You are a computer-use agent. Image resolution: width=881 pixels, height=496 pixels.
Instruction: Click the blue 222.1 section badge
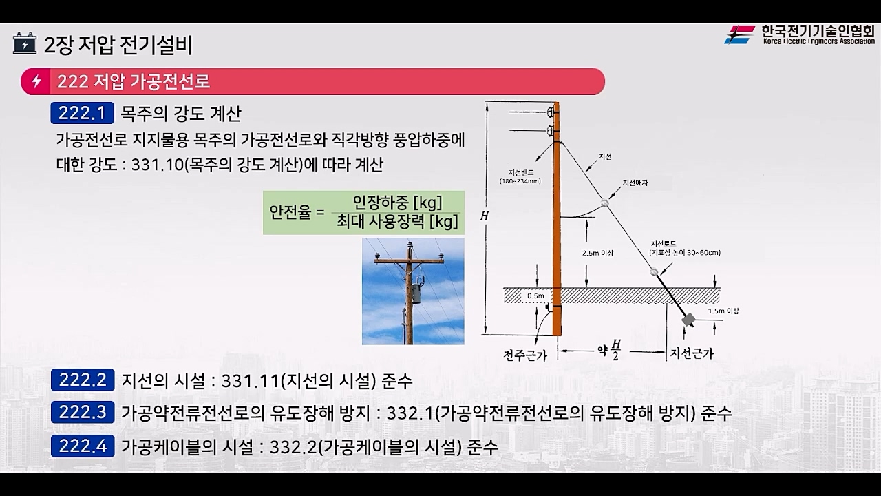tap(82, 113)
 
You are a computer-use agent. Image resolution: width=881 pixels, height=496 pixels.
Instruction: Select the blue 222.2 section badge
tap(82, 380)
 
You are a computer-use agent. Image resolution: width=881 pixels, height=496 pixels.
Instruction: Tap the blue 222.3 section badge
tap(82, 413)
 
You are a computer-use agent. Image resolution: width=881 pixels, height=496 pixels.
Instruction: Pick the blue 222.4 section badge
tap(82, 446)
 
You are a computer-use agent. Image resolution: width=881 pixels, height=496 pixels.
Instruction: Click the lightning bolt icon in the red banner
tap(36, 82)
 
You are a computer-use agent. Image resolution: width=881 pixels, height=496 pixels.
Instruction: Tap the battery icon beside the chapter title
tap(25, 44)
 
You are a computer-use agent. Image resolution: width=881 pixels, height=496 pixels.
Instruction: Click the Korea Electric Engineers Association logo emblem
tap(739, 34)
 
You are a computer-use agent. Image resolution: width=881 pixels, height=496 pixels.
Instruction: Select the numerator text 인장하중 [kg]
tap(397, 203)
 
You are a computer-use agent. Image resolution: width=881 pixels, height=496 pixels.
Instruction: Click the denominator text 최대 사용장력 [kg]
tap(397, 222)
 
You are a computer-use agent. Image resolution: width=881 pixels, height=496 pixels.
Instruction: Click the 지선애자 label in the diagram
tap(635, 183)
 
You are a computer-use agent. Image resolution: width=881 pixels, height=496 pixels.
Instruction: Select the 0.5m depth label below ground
tap(535, 296)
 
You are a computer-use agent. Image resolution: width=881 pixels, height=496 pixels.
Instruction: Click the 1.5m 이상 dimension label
tap(723, 311)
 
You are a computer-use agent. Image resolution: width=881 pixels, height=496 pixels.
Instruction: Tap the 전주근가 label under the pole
tap(525, 355)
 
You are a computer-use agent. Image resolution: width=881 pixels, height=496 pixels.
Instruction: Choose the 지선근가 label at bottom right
tap(691, 354)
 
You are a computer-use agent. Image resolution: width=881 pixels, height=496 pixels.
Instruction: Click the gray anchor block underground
tap(687, 320)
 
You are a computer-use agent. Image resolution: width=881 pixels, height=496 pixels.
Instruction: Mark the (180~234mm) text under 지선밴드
tap(520, 182)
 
